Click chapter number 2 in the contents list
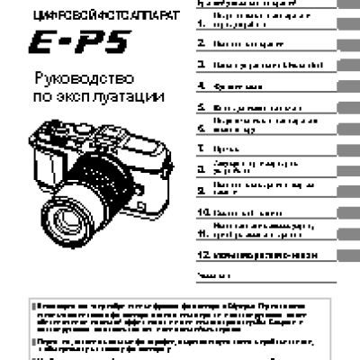(x=200, y=43)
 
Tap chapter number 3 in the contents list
(x=200, y=65)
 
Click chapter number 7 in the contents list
(x=200, y=148)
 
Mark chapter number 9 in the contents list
(x=200, y=190)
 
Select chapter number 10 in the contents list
(x=202, y=212)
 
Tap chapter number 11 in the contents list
(x=202, y=231)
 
